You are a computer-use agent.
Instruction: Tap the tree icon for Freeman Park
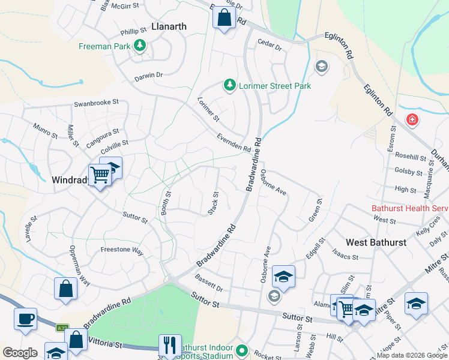click(140, 46)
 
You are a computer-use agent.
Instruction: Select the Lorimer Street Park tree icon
click(229, 86)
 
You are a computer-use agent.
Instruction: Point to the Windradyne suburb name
click(71, 179)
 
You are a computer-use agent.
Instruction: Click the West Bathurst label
click(376, 242)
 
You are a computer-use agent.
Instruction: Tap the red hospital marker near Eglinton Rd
click(412, 120)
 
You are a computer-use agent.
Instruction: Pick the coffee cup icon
click(25, 319)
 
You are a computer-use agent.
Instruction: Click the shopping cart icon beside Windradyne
click(100, 175)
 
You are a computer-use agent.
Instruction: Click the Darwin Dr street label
click(149, 76)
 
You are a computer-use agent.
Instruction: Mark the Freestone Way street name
click(122, 250)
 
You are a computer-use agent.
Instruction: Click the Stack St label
click(214, 202)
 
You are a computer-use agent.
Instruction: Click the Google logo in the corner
click(20, 353)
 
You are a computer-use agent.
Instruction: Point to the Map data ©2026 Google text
click(412, 355)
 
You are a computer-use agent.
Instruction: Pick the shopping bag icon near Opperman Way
click(65, 289)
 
